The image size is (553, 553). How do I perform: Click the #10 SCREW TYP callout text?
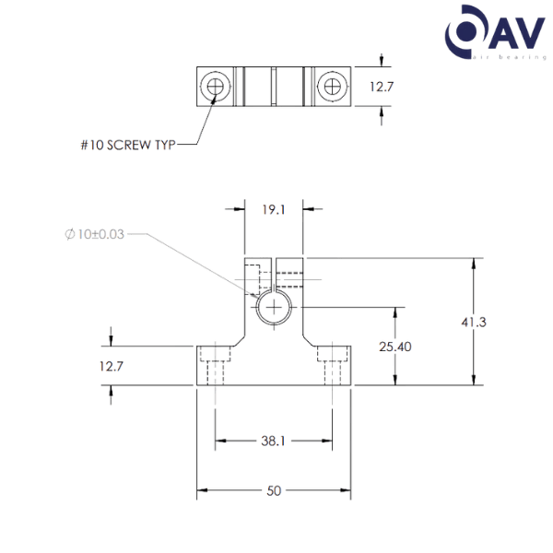(129, 145)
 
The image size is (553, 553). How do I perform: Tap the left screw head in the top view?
(217, 88)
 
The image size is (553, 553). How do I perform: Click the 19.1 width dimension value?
(273, 209)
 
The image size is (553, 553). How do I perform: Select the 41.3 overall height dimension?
(474, 323)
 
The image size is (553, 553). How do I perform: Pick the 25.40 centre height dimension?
(394, 347)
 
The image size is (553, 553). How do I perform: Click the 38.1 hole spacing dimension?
(273, 441)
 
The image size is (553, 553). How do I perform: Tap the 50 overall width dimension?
(274, 491)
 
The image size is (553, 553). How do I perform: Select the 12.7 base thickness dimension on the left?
(112, 366)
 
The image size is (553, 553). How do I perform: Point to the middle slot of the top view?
(274, 88)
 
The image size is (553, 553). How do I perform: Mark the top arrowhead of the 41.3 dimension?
(474, 264)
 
